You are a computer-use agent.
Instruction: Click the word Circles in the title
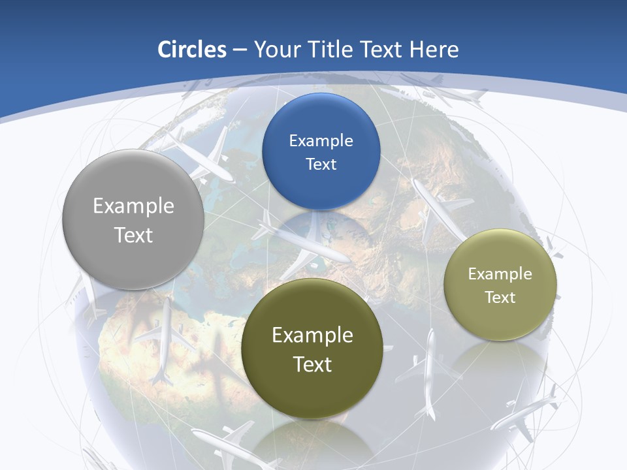point(191,50)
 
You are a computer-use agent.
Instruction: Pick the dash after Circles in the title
point(239,50)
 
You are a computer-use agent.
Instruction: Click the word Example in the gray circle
point(133,206)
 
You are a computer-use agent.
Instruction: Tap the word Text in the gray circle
point(133,235)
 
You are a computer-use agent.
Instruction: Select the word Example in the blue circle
point(321,141)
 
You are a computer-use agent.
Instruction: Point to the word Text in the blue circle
point(321,164)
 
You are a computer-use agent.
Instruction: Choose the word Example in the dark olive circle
point(312,336)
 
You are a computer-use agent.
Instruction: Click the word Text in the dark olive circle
point(312,364)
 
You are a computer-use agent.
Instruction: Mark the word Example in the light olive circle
point(500,274)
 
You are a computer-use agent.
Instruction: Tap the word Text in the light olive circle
point(500,297)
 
